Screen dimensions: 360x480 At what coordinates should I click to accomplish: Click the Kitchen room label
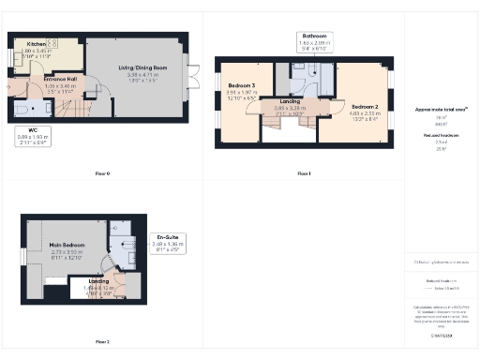pos(37,43)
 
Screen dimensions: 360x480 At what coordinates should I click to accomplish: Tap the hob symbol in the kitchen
pos(52,43)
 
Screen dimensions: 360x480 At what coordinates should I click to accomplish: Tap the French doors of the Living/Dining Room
pos(194,72)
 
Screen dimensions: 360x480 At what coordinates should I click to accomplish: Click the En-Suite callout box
pos(168,246)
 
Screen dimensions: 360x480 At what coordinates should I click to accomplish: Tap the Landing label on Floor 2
pos(97,280)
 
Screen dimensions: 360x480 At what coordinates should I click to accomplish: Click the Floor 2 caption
pos(102,342)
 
